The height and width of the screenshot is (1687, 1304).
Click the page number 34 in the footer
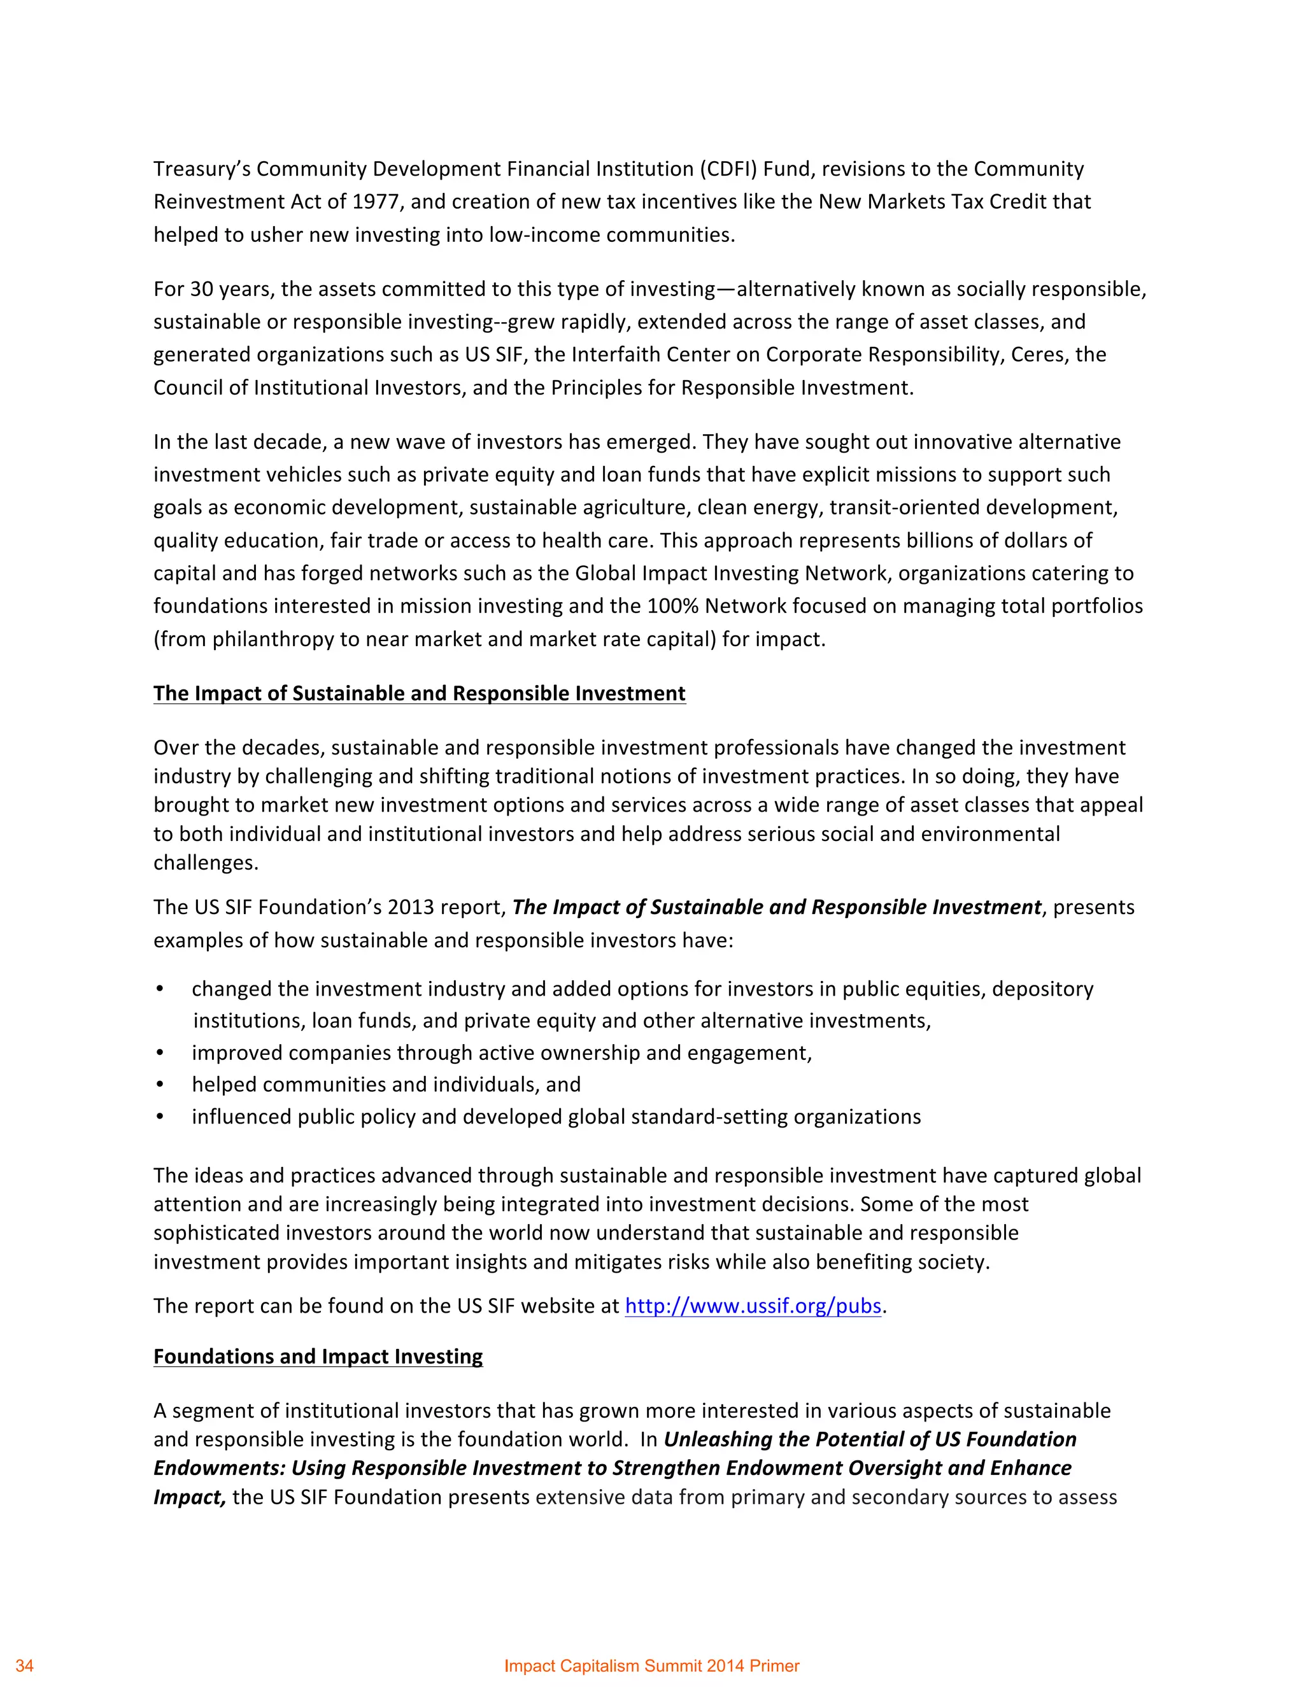25,1665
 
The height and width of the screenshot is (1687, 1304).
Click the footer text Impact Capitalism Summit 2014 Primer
651,1665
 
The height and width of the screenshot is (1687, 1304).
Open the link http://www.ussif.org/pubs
753,1306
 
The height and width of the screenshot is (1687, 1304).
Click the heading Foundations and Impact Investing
318,1357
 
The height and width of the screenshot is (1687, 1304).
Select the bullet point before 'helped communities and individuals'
160,1085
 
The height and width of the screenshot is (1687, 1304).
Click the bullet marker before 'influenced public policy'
160,1117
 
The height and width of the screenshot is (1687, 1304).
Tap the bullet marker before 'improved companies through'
160,1054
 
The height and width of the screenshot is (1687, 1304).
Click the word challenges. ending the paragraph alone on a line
206,863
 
